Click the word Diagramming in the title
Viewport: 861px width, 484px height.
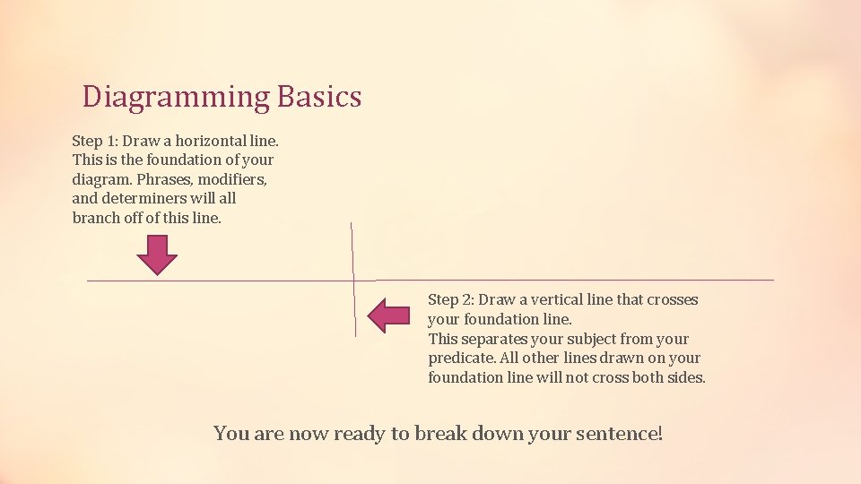pos(176,97)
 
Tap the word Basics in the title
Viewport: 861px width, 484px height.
pos(319,97)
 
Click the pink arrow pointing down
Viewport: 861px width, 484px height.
pos(157,255)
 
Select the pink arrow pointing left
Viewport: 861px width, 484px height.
pos(389,315)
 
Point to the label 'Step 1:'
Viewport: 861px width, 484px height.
pos(94,141)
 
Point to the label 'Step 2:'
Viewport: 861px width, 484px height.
pos(450,299)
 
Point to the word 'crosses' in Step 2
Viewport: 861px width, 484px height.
pos(672,299)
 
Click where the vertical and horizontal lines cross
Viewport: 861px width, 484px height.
pos(353,281)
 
